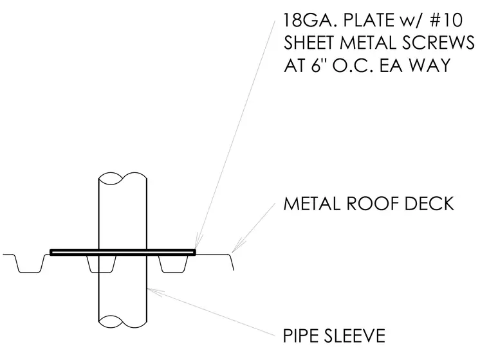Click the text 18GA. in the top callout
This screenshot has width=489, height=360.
click(x=308, y=21)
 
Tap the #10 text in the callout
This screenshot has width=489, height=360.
click(x=447, y=21)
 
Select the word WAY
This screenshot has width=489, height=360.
click(x=430, y=65)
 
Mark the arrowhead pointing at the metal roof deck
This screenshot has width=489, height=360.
click(x=237, y=246)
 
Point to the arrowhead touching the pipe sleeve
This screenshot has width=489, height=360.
click(x=155, y=292)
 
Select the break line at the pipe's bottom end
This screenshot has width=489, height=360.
click(x=122, y=321)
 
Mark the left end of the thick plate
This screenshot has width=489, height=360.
click(x=51, y=252)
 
